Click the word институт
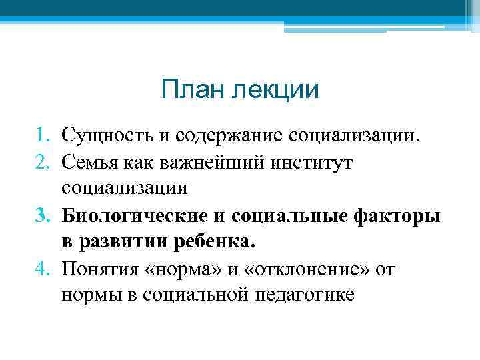[x=311, y=162]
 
